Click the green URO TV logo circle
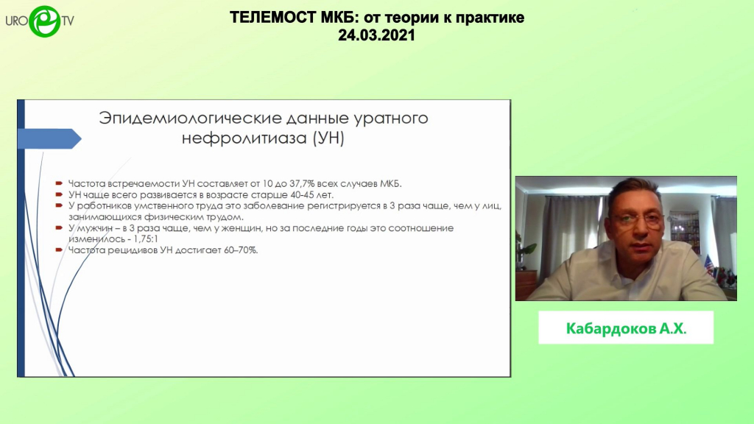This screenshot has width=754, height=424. (45, 21)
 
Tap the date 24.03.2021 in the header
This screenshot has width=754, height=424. (376, 35)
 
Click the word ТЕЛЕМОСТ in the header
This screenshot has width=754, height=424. (273, 18)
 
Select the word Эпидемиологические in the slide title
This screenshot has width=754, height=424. (190, 118)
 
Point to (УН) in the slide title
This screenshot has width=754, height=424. (328, 138)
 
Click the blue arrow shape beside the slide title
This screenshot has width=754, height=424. (49, 138)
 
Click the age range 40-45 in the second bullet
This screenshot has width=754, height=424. (302, 194)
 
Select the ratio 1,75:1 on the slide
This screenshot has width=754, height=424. (146, 239)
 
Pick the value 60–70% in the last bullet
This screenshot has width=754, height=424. (241, 250)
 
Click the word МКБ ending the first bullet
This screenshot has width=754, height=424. (390, 183)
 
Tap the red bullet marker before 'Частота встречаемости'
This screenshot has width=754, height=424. (59, 183)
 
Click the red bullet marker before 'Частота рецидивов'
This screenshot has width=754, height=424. (59, 250)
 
